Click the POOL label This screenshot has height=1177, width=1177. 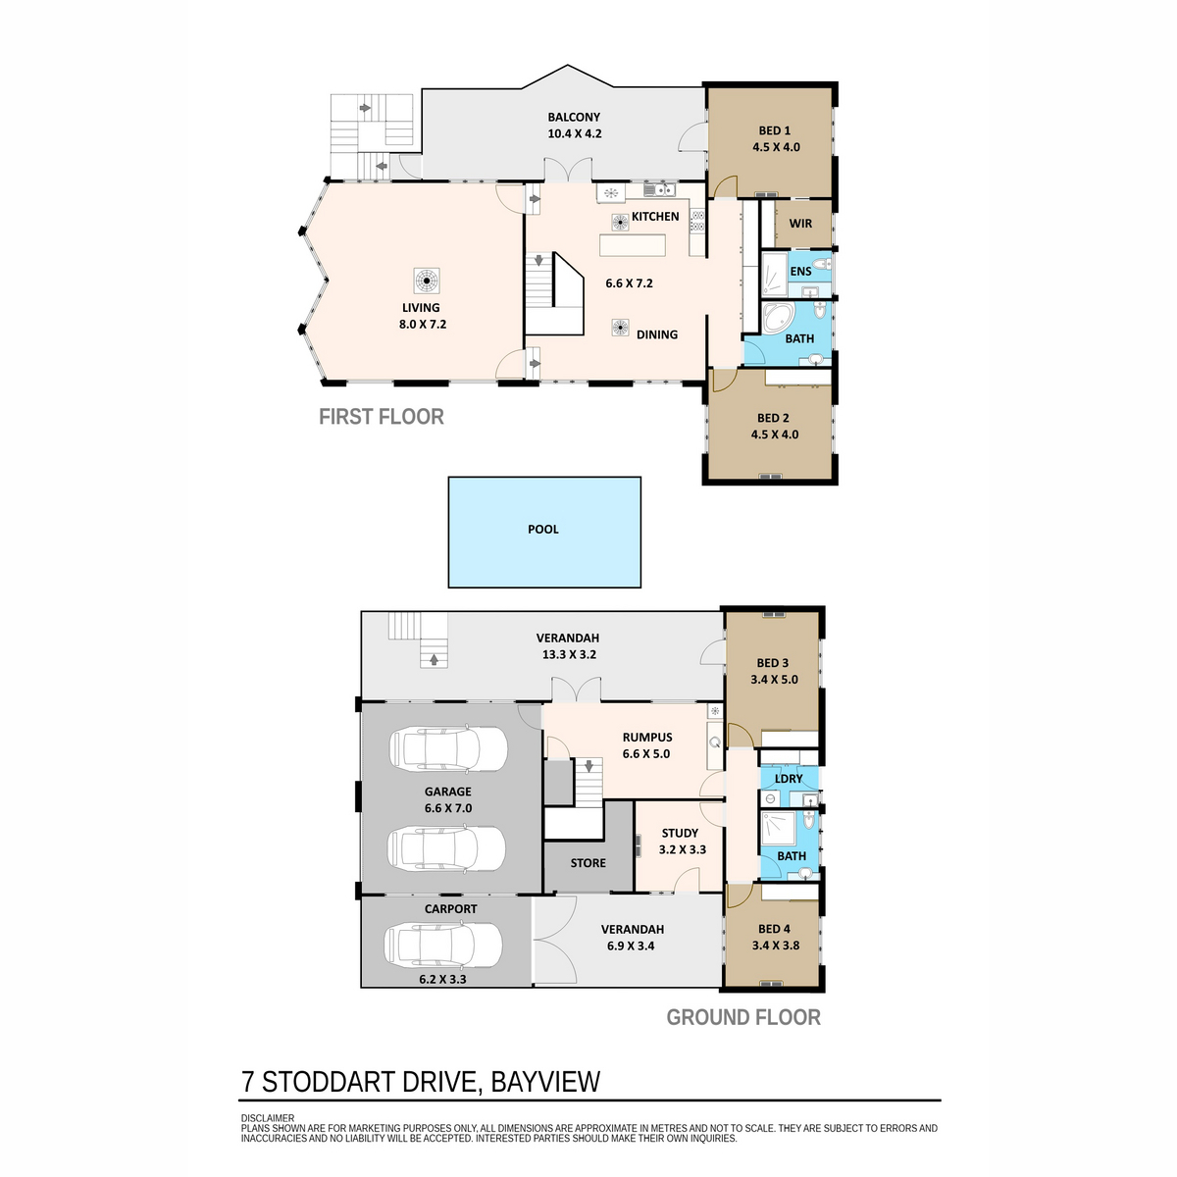(542, 530)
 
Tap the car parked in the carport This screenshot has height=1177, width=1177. (442, 944)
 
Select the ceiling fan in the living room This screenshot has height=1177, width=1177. (426, 281)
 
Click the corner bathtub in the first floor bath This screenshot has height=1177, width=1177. (778, 317)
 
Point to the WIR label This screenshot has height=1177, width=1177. (800, 224)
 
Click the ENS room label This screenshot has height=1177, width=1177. (800, 272)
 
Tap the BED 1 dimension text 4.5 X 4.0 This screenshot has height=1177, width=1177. (776, 147)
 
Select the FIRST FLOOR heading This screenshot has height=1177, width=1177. (382, 417)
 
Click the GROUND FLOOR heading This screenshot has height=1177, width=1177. (743, 1017)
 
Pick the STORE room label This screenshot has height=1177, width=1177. (588, 863)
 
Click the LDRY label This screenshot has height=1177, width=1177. (788, 780)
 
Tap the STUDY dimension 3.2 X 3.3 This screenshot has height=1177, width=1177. (683, 849)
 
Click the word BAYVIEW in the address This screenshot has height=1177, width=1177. (545, 1082)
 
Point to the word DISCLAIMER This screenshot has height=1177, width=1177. (268, 1118)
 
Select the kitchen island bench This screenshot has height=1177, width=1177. (633, 245)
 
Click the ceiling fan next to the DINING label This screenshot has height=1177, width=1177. (621, 328)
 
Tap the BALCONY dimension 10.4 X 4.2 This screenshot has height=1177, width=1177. (574, 133)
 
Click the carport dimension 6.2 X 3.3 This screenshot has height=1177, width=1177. (442, 979)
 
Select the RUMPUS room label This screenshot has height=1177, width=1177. (646, 738)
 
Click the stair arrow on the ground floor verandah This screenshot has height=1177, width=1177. (434, 660)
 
